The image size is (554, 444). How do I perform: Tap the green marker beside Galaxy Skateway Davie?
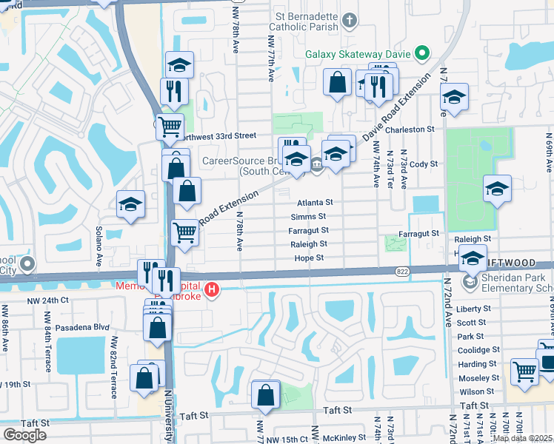pyautogui.click(x=422, y=53)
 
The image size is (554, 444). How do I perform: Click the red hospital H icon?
pyautogui.click(x=213, y=288)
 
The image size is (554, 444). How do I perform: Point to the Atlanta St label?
pyautogui.click(x=316, y=202)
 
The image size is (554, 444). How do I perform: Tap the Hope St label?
pyautogui.click(x=310, y=258)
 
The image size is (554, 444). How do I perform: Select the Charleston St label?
pyautogui.click(x=410, y=129)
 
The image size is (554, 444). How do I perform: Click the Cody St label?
pyautogui.click(x=424, y=164)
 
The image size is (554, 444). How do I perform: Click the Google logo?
pyautogui.click(x=24, y=435)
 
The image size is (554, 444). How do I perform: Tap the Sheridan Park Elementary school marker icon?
pyautogui.click(x=470, y=283)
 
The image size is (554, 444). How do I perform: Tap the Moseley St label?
pyautogui.click(x=479, y=377)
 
